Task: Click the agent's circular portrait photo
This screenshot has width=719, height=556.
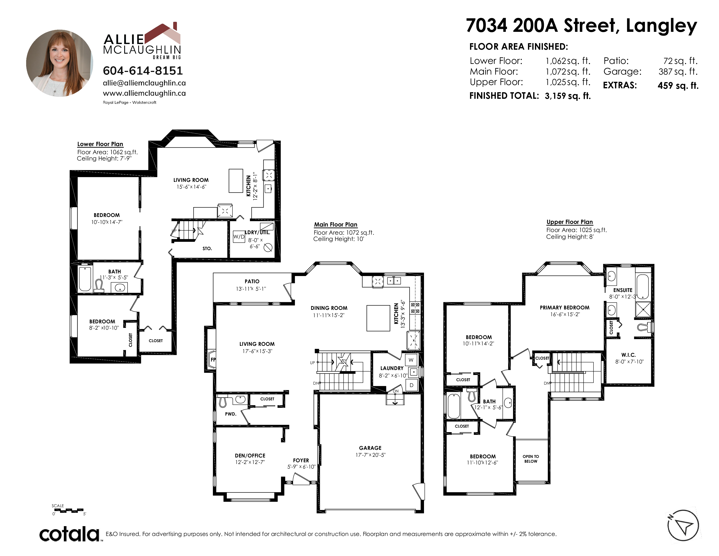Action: click(x=59, y=63)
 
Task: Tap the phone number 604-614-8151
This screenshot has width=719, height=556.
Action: click(x=143, y=70)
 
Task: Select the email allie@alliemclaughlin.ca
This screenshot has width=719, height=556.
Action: click(x=144, y=83)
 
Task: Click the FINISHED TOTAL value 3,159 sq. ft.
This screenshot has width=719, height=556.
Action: click(x=568, y=96)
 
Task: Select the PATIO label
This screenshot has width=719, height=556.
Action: click(x=252, y=281)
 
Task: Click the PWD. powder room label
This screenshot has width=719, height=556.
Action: click(x=231, y=414)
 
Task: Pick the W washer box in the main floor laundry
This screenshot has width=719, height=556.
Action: click(x=411, y=360)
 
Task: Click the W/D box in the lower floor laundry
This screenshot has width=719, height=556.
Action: click(x=239, y=237)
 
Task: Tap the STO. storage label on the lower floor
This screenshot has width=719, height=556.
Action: click(x=207, y=249)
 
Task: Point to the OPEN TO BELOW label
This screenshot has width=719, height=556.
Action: click(x=531, y=459)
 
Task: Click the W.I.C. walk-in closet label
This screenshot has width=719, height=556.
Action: click(x=628, y=355)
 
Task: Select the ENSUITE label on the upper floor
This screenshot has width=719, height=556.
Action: click(x=623, y=290)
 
